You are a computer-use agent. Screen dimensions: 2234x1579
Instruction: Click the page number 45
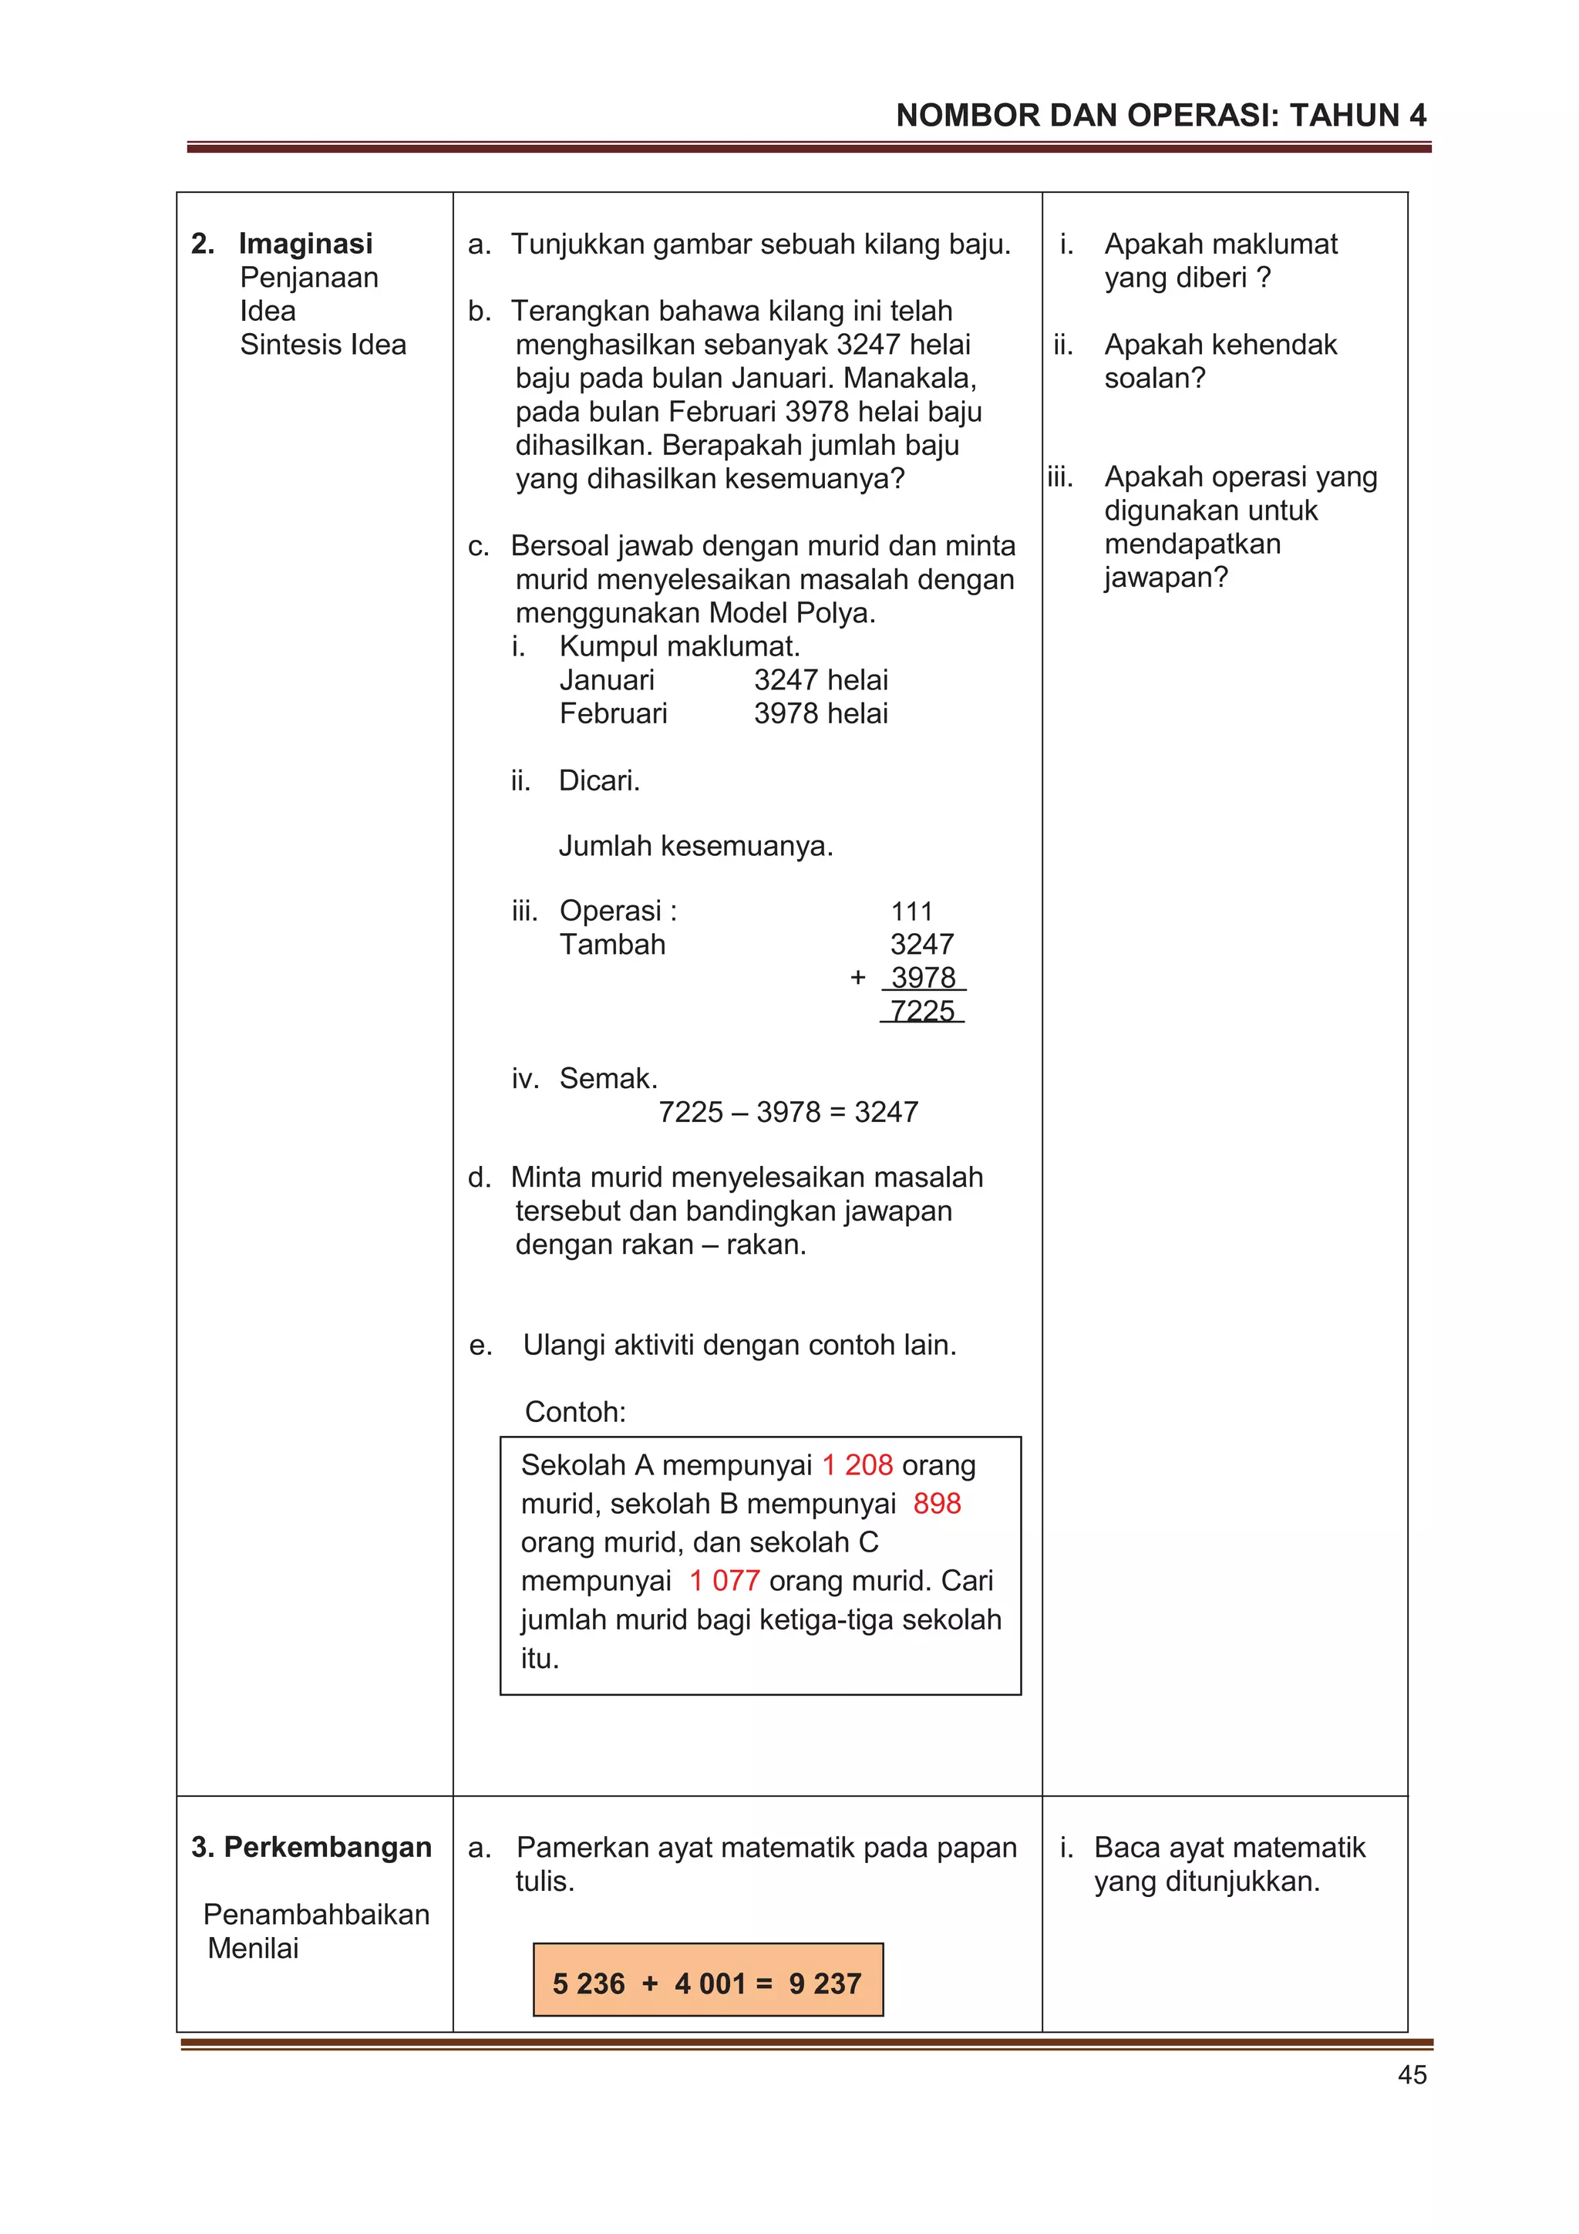(x=1411, y=2074)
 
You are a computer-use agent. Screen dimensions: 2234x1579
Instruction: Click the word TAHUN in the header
(x=1345, y=116)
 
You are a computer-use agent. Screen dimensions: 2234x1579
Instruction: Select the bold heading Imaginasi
(x=305, y=243)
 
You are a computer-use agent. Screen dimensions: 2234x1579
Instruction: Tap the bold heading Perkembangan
(x=327, y=1847)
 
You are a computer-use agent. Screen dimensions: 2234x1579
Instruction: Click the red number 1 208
(x=856, y=1464)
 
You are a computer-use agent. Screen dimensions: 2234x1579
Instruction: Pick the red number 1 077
(x=724, y=1580)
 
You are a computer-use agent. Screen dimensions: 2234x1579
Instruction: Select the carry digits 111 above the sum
(x=911, y=911)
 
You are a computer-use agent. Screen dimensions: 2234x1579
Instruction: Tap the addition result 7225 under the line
(x=921, y=1011)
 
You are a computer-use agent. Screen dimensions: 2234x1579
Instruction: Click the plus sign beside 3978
(x=857, y=977)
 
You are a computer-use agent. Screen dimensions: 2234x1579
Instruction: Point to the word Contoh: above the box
(x=575, y=1412)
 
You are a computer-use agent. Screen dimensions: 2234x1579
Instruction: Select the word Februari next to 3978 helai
(x=613, y=713)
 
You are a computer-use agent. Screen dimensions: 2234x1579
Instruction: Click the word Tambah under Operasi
(x=612, y=944)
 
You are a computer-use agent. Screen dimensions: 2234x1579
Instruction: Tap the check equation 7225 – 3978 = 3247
(x=788, y=1112)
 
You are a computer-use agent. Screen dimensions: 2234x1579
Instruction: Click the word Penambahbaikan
(x=316, y=1914)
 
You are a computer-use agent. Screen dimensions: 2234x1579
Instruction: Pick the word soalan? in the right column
(x=1154, y=378)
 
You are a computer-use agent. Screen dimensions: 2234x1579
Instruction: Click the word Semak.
(x=608, y=1078)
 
